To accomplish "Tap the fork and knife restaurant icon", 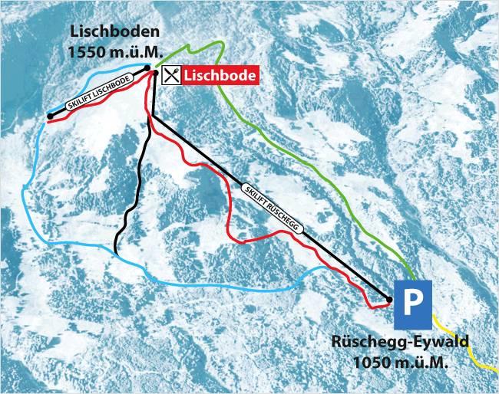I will [172, 74].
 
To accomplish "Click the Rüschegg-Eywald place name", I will [400, 343].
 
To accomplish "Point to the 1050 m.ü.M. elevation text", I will [400, 361].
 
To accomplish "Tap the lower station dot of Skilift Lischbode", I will [50, 116].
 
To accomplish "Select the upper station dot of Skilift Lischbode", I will [147, 67].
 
